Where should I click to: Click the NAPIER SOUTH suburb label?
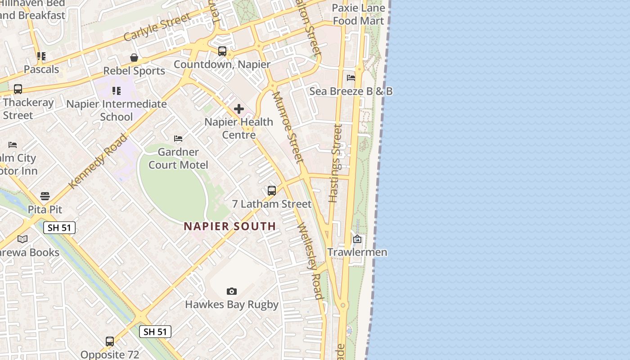(229, 226)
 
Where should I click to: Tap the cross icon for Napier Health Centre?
(239, 109)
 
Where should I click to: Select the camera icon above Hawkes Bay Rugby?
(232, 292)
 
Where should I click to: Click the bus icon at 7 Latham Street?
(272, 191)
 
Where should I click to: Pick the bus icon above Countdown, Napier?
(222, 51)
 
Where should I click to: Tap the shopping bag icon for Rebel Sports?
(134, 58)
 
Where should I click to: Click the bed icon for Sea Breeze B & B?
(351, 78)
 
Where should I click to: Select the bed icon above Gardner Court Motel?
(178, 139)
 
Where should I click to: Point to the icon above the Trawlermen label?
(357, 239)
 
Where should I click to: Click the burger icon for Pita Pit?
(45, 196)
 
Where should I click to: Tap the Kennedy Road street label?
(98, 161)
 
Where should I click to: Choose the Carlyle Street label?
(157, 28)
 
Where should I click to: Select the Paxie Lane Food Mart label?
(359, 14)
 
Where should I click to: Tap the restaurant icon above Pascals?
(41, 57)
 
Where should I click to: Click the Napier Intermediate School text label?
(117, 110)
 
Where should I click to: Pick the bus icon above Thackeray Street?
(18, 89)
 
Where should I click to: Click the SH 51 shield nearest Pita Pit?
(59, 228)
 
